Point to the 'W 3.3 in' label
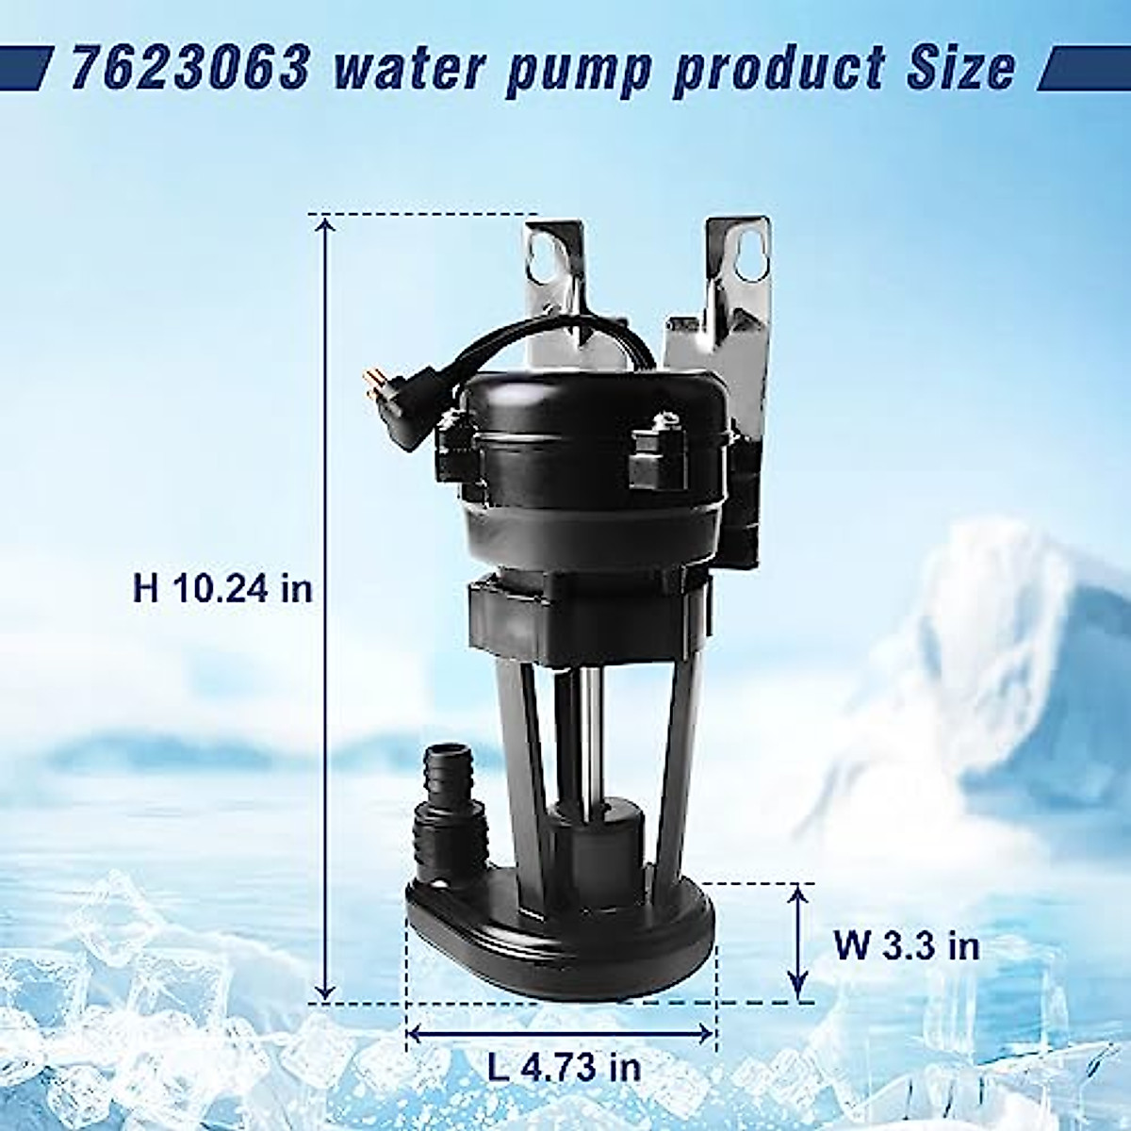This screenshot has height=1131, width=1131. (x=906, y=943)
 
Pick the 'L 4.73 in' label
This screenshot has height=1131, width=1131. (x=565, y=1067)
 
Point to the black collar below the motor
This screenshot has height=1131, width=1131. (x=584, y=617)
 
